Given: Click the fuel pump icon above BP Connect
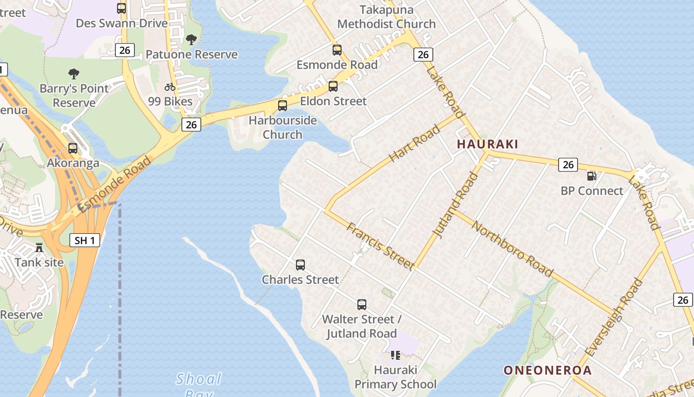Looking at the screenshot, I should coord(591,176).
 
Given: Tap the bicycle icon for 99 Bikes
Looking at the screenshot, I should coord(170,87).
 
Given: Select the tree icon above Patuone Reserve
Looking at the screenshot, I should coord(191,40).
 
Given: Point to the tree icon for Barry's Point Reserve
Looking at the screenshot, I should coord(74,74).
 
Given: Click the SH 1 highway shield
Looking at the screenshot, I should coord(84,241).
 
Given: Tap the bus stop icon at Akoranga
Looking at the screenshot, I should coord(73,148).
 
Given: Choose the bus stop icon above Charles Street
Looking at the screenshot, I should coord(300,265).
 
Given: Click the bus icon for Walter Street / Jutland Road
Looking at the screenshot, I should coord(362,305).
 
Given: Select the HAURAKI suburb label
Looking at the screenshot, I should coord(487,144).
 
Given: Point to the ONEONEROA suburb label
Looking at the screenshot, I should coord(548,370).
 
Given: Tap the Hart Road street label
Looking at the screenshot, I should coord(414,143).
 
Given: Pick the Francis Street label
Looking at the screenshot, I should coord(380,246).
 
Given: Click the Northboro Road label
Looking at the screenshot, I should coord(512,249).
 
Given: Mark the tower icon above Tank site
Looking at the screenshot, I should coord(39,247).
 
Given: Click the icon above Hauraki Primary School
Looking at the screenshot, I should coord(395,355).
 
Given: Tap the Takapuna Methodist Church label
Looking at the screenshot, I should coord(387,17).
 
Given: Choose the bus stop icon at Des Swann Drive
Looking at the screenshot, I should coord(121,8).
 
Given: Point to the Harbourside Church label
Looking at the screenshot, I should coord(283,128).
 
